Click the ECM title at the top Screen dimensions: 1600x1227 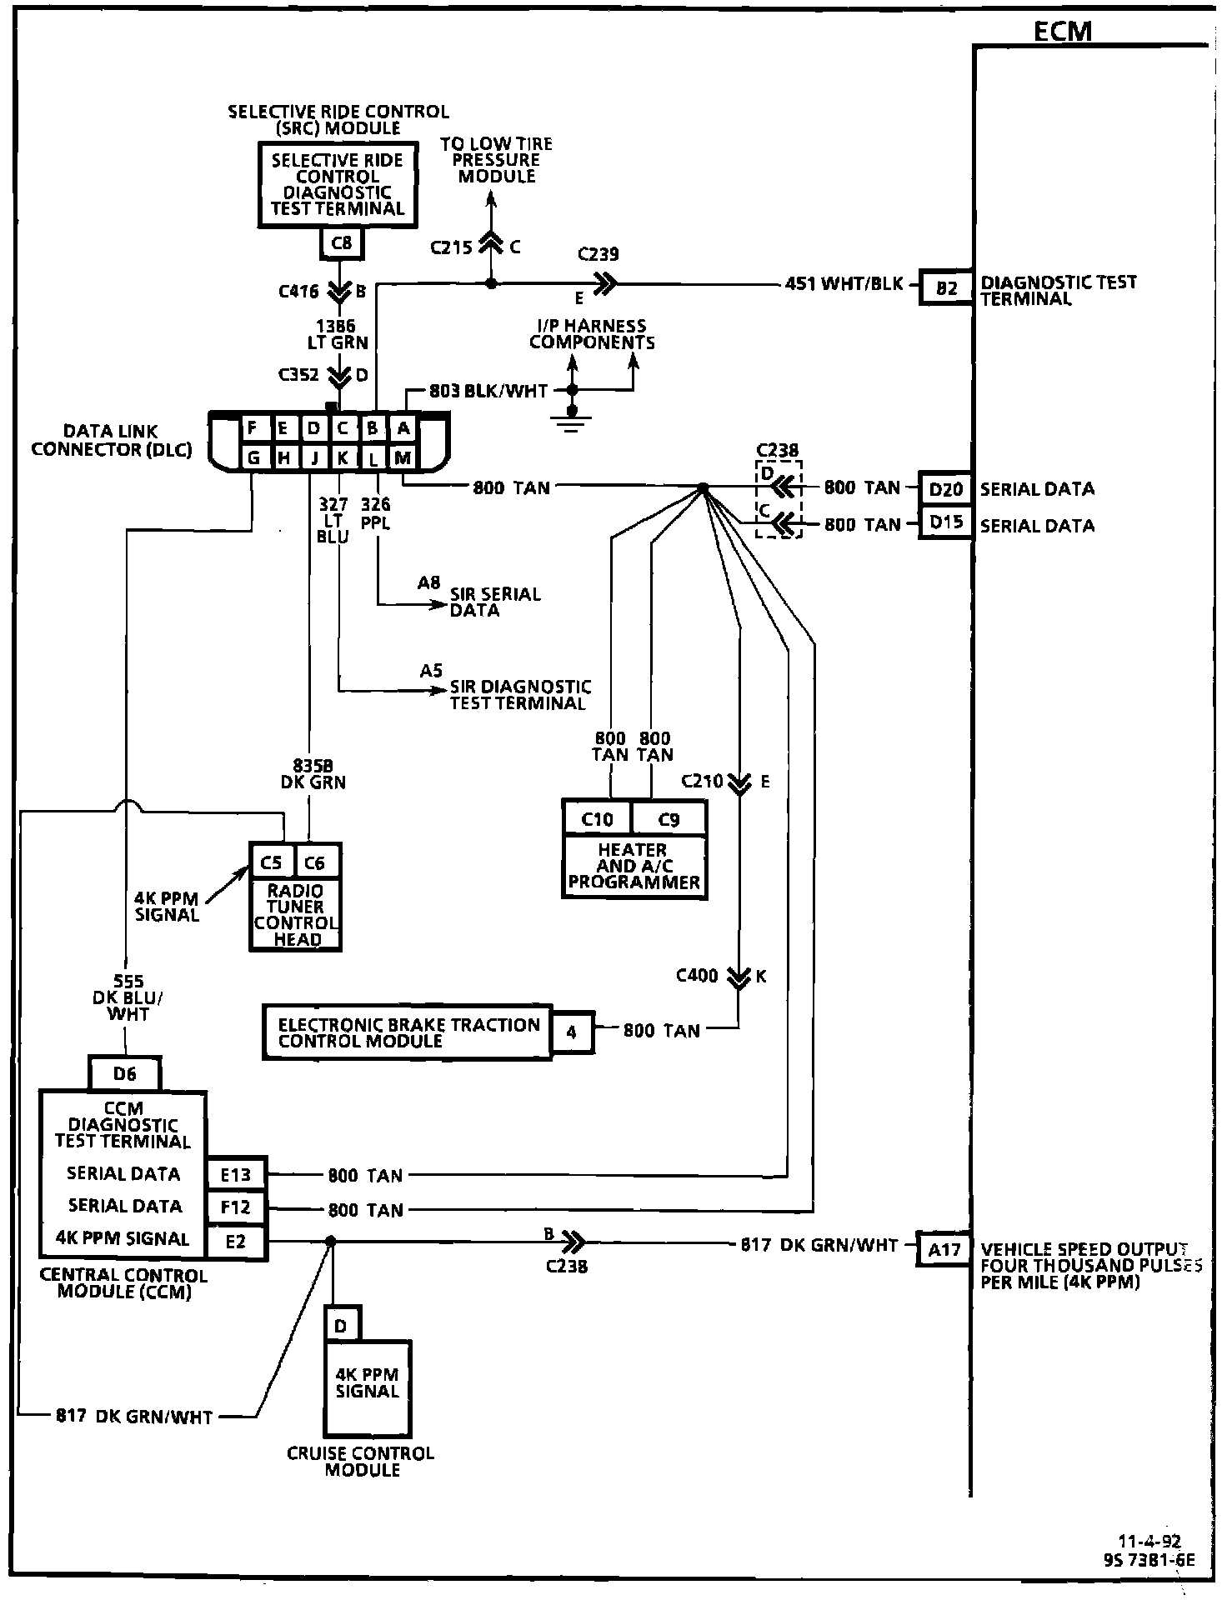[x=1062, y=32]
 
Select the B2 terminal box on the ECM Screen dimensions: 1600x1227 [x=946, y=288]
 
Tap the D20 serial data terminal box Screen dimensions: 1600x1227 [x=945, y=489]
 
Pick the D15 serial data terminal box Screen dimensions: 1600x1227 [x=945, y=523]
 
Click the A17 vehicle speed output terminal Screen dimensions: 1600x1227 [x=944, y=1249]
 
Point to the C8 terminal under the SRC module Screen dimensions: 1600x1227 [x=342, y=243]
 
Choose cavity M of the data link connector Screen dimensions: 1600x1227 [x=403, y=457]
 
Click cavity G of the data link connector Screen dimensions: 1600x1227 [x=253, y=457]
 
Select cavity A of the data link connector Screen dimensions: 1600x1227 [x=403, y=428]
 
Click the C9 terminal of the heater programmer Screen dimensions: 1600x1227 [x=669, y=819]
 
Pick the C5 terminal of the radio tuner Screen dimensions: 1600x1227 [x=272, y=862]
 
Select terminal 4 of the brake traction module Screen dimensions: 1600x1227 [x=572, y=1032]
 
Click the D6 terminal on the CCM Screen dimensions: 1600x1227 [x=124, y=1074]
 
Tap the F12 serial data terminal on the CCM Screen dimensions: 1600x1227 [x=236, y=1207]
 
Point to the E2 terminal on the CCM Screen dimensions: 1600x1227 [x=236, y=1242]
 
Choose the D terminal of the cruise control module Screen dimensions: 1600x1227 [x=340, y=1325]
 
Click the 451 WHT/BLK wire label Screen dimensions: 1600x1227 [x=844, y=284]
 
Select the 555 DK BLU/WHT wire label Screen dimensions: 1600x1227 [x=128, y=997]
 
